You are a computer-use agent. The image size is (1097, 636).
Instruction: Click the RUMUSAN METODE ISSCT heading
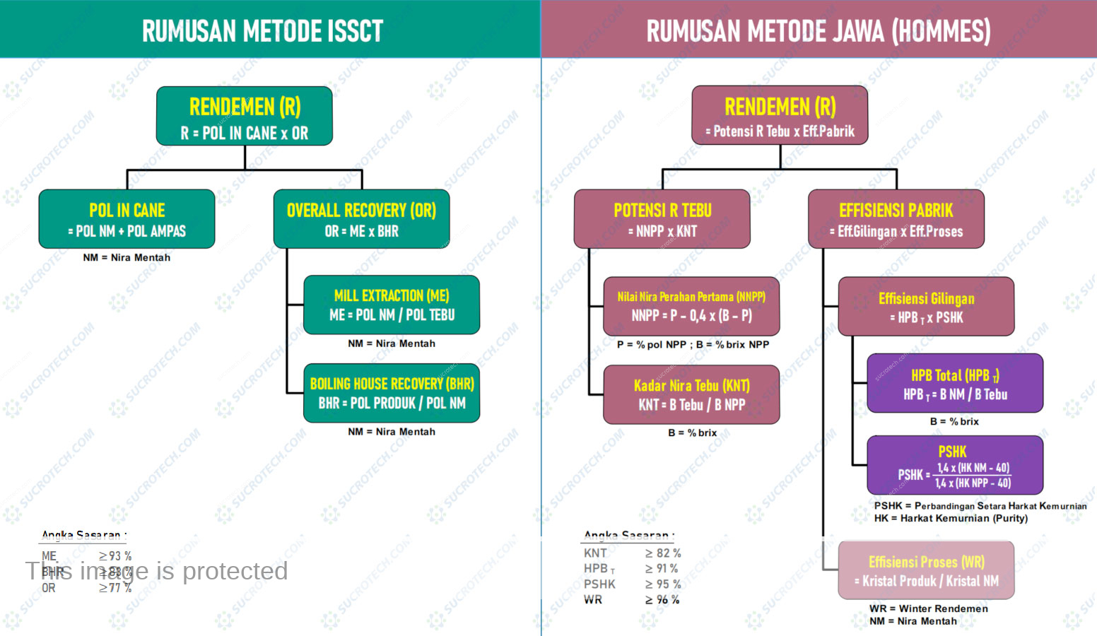point(262,31)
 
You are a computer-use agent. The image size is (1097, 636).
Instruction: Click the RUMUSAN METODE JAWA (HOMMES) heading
point(819,31)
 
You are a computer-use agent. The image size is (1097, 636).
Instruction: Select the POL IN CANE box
point(127,219)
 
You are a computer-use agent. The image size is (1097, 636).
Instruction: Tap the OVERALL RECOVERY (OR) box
point(361,219)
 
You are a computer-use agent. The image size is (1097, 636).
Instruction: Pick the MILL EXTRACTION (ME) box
point(392,305)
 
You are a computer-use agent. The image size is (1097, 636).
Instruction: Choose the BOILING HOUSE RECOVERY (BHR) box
point(392,393)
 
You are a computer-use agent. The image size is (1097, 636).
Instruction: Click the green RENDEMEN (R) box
point(245,116)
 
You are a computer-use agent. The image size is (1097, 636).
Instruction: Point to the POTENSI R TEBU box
point(662,219)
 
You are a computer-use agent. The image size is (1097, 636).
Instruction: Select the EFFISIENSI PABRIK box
point(896,219)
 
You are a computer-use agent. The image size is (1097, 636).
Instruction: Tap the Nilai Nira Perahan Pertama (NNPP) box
point(691,306)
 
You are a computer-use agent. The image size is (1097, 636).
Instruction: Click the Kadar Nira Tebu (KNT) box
point(691,394)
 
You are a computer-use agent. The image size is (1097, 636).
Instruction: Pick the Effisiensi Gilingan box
point(926,307)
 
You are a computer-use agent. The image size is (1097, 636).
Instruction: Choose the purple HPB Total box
point(955,383)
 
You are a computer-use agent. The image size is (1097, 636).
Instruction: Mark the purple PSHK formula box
point(955,465)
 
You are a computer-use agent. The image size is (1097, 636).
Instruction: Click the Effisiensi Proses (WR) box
point(926,570)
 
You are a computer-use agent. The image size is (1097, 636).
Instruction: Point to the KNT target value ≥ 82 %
point(663,553)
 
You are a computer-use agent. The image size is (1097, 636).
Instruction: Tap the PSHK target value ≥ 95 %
point(663,584)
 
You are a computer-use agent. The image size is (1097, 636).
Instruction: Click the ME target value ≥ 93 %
point(115,556)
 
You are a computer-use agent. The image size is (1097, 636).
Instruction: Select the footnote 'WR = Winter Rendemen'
point(929,608)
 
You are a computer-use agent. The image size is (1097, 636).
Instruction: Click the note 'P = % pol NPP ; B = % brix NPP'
point(693,345)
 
